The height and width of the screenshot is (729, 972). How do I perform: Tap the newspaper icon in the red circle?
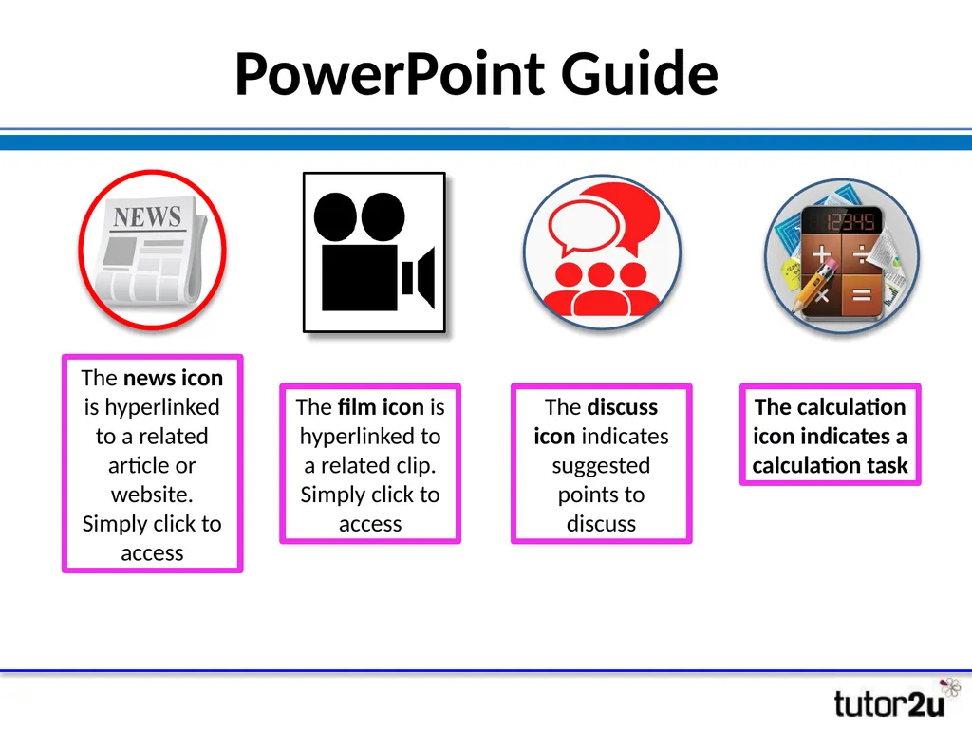[x=152, y=250]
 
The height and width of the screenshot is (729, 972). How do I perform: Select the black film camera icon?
[x=373, y=252]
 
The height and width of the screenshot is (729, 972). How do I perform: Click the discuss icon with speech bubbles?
[x=602, y=252]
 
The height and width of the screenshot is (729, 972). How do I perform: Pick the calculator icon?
[x=842, y=255]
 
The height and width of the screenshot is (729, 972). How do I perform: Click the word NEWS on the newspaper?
[x=147, y=217]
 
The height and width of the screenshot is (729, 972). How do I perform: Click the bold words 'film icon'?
[x=380, y=407]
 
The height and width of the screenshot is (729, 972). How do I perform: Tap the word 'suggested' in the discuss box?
[x=601, y=466]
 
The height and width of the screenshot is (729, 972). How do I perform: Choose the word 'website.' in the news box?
[x=152, y=495]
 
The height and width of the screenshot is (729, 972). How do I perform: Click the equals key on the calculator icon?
[x=861, y=295]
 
